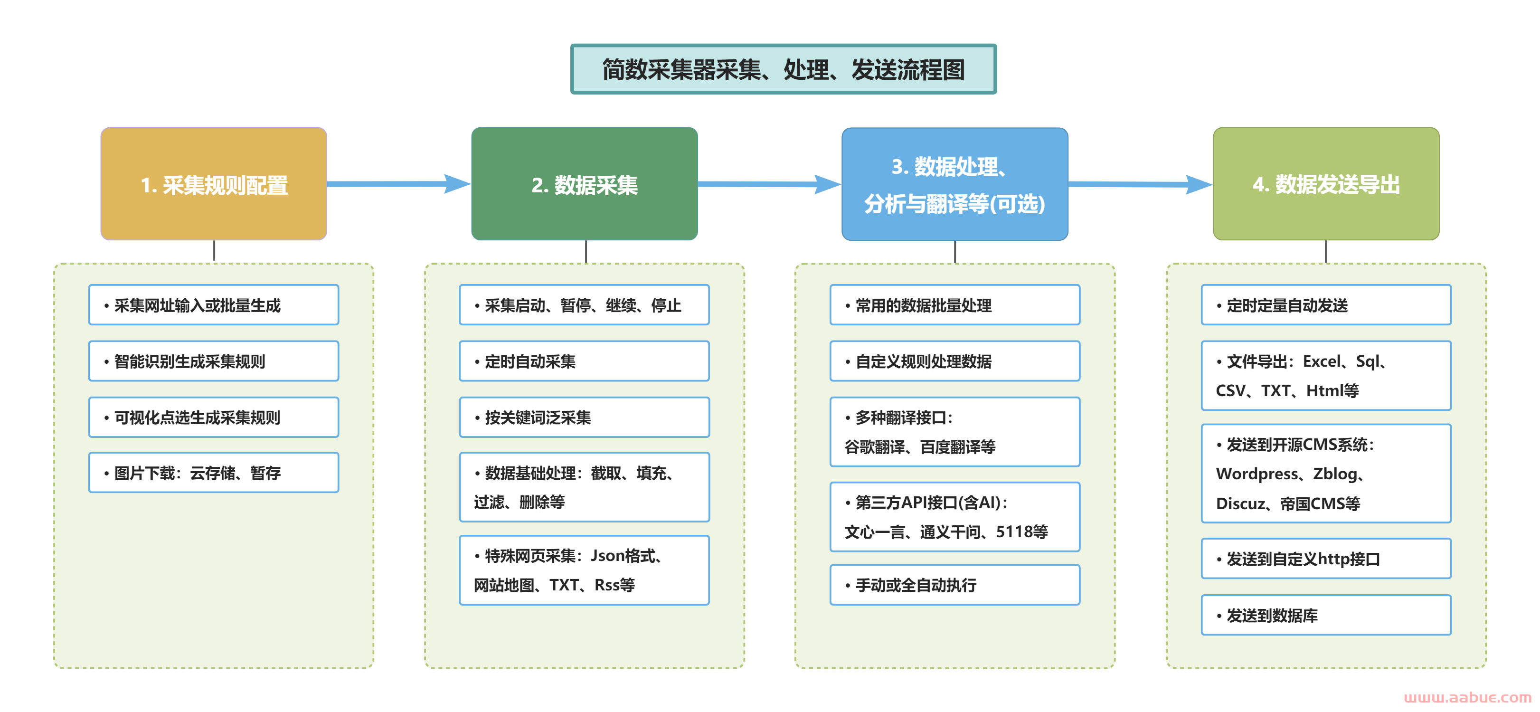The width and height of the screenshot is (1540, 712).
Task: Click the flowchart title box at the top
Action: (783, 69)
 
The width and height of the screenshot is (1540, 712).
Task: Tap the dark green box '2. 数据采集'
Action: (584, 184)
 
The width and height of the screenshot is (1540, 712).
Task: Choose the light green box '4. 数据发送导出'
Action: (1325, 184)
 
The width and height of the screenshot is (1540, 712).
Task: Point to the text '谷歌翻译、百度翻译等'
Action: (919, 447)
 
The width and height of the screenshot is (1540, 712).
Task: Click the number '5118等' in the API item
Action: (1021, 532)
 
